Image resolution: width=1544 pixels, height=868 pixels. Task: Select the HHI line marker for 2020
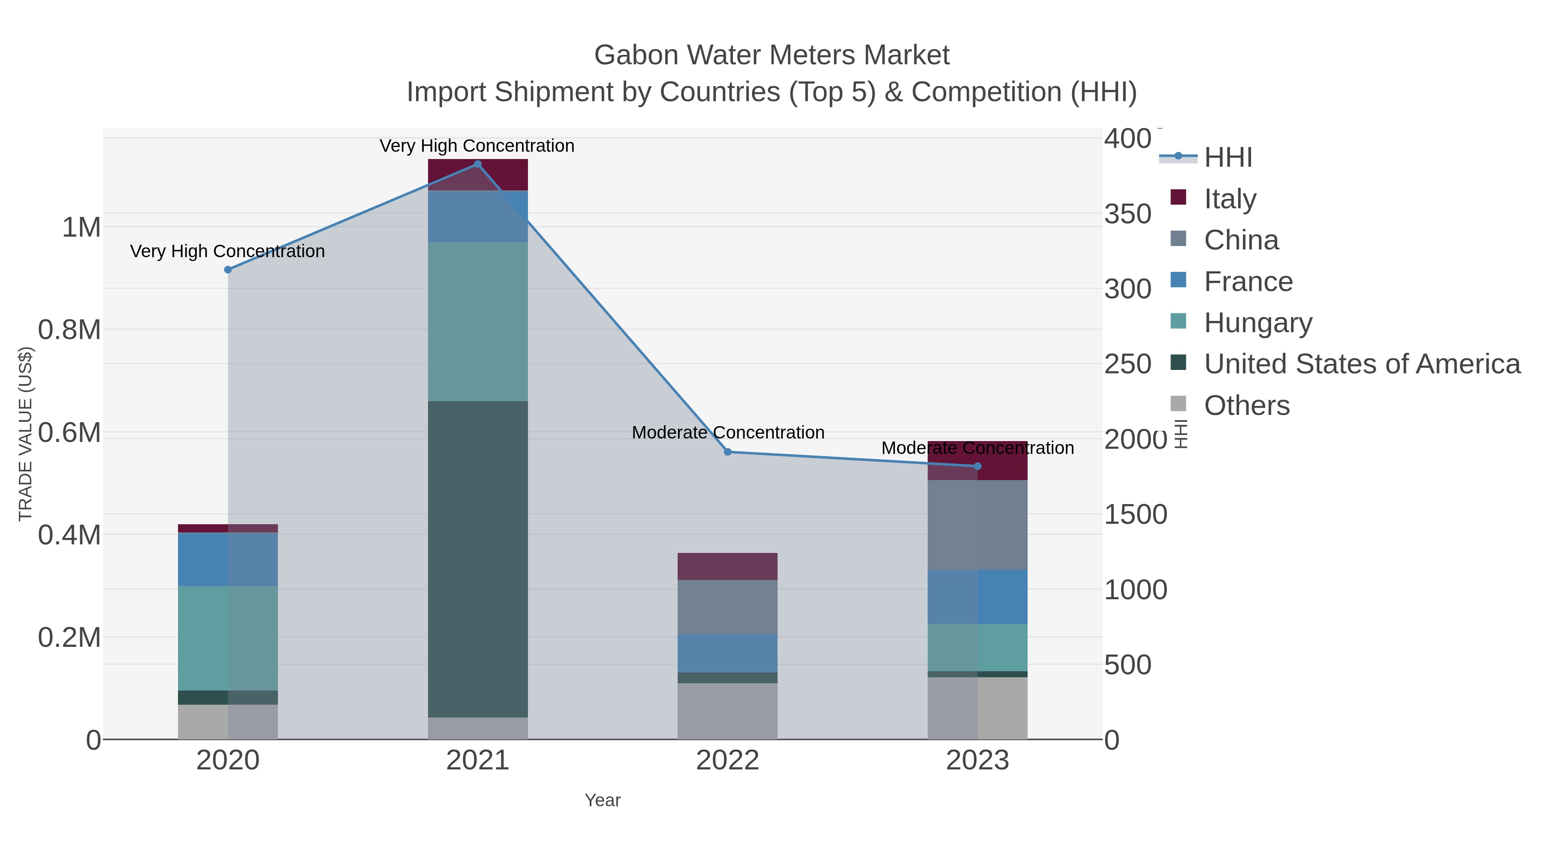[228, 270]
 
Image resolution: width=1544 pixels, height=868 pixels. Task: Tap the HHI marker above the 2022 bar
[728, 452]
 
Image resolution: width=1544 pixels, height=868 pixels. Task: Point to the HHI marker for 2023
[977, 466]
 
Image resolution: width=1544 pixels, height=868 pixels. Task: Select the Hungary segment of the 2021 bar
[478, 321]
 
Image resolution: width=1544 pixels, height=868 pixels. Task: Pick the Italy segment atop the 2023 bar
[977, 460]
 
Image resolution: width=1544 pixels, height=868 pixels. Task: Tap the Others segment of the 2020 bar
[228, 721]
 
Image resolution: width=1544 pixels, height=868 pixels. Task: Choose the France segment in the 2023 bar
[977, 597]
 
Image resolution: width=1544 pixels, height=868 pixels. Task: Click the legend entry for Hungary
[1258, 323]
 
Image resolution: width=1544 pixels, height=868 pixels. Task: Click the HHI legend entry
[1227, 158]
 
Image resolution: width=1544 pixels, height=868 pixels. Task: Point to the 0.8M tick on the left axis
[69, 330]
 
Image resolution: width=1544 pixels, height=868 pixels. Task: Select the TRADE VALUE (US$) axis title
[25, 434]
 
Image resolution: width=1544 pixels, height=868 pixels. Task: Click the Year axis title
[603, 800]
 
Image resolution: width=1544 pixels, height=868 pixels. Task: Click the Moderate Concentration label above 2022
[728, 432]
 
